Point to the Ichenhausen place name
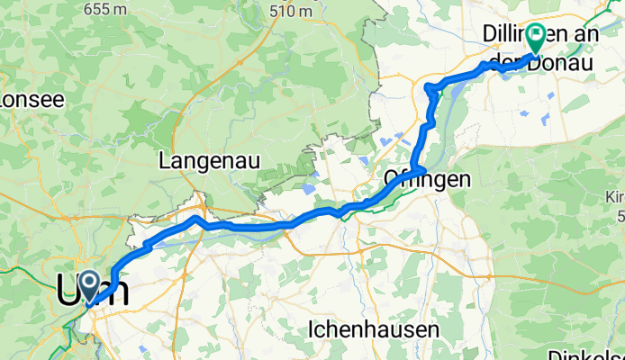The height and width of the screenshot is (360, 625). coord(373,330)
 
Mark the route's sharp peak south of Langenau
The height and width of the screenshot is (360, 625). coord(195,218)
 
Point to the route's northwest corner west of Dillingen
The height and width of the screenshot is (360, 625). coord(429,86)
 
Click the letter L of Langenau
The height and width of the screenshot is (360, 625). coord(165,161)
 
